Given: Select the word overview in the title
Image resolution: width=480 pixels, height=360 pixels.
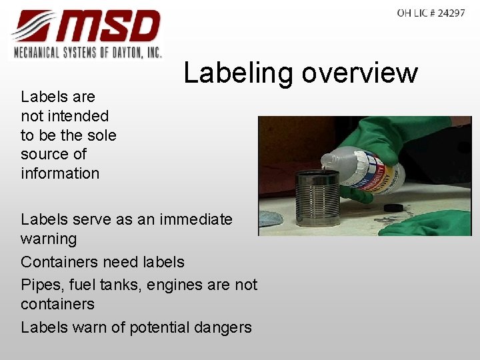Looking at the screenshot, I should tap(359, 73).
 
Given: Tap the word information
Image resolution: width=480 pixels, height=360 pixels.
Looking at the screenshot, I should tap(60, 173).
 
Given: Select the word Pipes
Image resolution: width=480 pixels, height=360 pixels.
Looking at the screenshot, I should tap(39, 285).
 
